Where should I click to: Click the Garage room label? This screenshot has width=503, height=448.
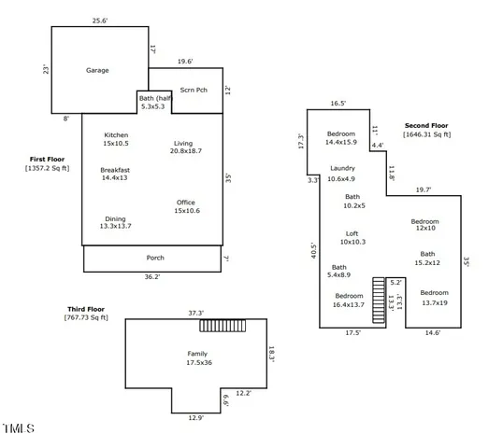pyautogui.click(x=97, y=70)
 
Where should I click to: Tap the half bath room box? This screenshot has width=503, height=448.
pyautogui.click(x=152, y=102)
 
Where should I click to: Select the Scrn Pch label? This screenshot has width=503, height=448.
pyautogui.click(x=194, y=91)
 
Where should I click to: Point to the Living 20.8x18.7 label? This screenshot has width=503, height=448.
pyautogui.click(x=187, y=147)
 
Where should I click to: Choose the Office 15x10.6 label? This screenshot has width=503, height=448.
pyautogui.click(x=186, y=206)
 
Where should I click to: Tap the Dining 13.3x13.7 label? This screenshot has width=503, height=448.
pyautogui.click(x=116, y=222)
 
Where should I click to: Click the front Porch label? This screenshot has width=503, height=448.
pyautogui.click(x=155, y=258)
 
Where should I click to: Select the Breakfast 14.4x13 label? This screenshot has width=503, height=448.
pyautogui.click(x=116, y=173)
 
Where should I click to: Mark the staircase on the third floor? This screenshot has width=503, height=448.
pyautogui.click(x=223, y=325)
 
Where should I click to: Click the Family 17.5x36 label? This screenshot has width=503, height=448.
pyautogui.click(x=197, y=357)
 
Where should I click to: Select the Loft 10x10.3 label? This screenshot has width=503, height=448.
pyautogui.click(x=352, y=237)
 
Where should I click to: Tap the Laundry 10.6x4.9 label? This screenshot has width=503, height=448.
pyautogui.click(x=342, y=173)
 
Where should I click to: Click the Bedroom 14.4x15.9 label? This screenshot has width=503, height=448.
pyautogui.click(x=341, y=138)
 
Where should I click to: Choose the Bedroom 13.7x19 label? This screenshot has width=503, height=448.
pyautogui.click(x=435, y=298)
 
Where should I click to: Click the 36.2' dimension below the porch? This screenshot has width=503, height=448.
pyautogui.click(x=151, y=276)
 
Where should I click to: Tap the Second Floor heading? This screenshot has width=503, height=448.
pyautogui.click(x=426, y=125)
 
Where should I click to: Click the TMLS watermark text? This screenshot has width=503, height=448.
pyautogui.click(x=19, y=429)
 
